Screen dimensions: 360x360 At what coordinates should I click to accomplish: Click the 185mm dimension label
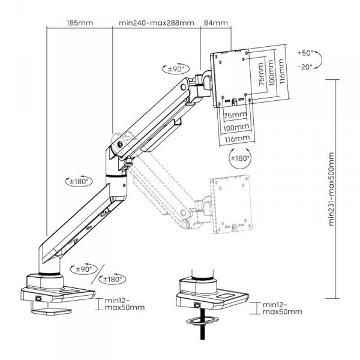[x=78, y=23]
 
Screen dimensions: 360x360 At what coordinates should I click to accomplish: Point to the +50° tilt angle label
[x=304, y=53]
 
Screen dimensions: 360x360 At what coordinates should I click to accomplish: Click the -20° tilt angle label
[x=304, y=68]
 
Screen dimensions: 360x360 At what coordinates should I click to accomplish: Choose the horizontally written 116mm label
[x=238, y=138]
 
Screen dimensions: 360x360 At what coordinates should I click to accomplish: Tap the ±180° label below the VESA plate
[x=239, y=159]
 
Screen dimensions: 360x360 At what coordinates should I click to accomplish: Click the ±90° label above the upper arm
[x=174, y=70]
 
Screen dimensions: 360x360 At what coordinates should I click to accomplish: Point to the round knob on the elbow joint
[x=122, y=145]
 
